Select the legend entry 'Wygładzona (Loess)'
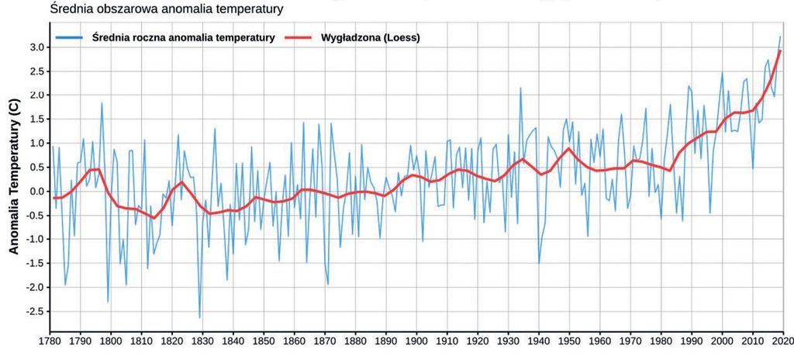[x=370, y=36]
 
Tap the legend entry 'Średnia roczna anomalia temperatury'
[x=183, y=36]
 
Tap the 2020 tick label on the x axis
[x=782, y=340]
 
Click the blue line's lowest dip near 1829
[x=200, y=318]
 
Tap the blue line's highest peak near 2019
[x=780, y=36]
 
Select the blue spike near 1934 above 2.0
[x=520, y=88]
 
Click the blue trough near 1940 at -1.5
[x=539, y=263]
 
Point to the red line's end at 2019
[x=780, y=51]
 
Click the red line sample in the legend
[x=300, y=36]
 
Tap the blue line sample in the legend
[x=71, y=36]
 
